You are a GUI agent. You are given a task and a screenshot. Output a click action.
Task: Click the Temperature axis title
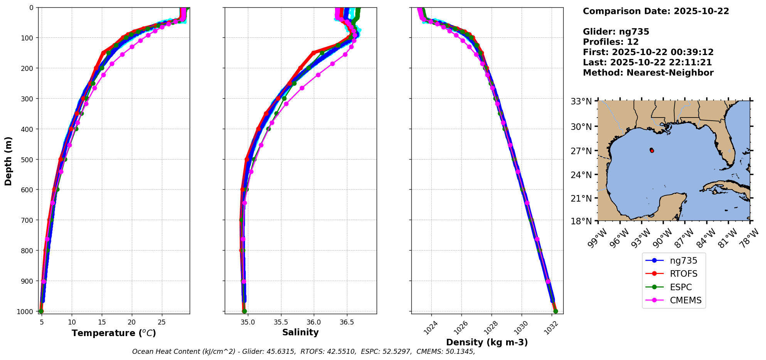click(114, 333)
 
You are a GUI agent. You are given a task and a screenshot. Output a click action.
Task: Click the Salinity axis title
click(300, 332)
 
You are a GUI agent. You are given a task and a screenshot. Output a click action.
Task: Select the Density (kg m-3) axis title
click(487, 342)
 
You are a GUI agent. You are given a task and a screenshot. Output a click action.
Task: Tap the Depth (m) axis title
click(8, 161)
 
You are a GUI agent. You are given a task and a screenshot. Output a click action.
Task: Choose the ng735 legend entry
click(683, 261)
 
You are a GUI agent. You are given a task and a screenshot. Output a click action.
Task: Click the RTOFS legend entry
click(684, 274)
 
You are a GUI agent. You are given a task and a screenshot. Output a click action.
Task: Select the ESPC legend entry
click(681, 287)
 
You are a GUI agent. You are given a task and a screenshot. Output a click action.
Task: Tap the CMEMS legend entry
click(685, 300)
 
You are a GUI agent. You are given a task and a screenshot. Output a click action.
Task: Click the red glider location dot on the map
click(652, 150)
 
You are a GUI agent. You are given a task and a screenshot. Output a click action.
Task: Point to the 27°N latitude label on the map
click(581, 151)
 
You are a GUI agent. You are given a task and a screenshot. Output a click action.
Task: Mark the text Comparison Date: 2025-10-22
click(656, 11)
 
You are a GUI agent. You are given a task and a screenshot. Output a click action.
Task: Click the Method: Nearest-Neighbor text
click(648, 72)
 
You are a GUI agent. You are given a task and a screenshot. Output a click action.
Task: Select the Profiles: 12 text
click(611, 42)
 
